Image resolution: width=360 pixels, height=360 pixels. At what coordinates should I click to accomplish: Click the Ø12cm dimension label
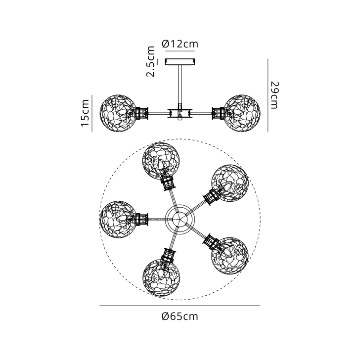[180, 44]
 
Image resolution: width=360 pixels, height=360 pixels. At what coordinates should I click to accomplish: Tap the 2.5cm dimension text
[151, 61]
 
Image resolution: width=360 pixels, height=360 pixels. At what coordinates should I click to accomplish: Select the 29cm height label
[274, 95]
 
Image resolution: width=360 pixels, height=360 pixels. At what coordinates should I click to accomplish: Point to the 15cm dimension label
[85, 113]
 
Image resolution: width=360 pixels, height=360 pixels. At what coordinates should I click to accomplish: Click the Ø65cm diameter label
[180, 316]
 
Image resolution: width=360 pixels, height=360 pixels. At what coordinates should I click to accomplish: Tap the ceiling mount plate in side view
[180, 62]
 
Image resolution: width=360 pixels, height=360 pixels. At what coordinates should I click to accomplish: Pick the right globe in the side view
[242, 113]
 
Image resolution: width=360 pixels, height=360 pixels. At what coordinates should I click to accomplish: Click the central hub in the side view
[180, 113]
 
